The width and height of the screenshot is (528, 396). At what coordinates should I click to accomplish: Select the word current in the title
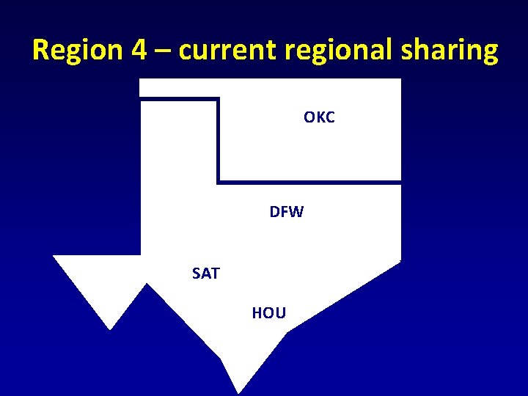pyautogui.click(x=225, y=50)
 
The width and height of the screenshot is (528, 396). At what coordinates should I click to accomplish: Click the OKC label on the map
pyautogui.click(x=319, y=117)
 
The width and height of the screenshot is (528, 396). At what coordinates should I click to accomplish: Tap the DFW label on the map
pyautogui.click(x=286, y=213)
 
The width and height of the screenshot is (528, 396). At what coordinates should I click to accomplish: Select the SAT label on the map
pyautogui.click(x=205, y=274)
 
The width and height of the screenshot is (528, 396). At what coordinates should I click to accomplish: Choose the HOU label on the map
pyautogui.click(x=268, y=313)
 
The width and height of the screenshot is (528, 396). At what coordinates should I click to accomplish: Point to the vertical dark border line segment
pyautogui.click(x=218, y=139)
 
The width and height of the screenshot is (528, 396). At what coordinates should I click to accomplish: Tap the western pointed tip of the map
pyautogui.click(x=54, y=256)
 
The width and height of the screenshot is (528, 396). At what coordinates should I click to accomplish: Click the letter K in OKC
pyautogui.click(x=319, y=117)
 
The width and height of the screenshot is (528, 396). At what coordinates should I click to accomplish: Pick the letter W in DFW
pyautogui.click(x=296, y=213)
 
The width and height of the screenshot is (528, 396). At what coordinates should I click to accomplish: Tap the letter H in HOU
pyautogui.click(x=257, y=313)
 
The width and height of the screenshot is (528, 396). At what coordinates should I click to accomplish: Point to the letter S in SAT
pyautogui.click(x=197, y=274)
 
